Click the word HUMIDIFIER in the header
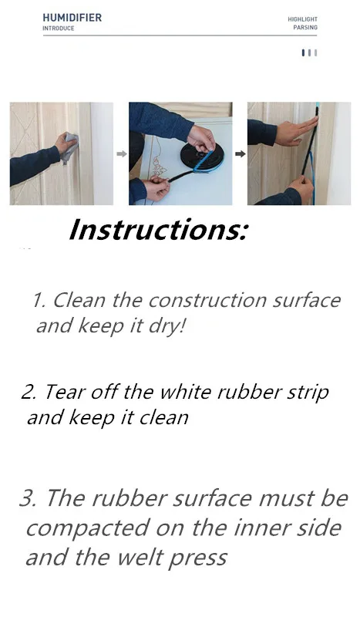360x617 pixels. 72,17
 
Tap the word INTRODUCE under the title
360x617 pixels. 59,29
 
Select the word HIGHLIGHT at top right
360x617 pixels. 302,19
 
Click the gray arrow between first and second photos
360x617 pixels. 121,153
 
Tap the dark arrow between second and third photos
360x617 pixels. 240,153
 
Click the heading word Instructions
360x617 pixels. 158,231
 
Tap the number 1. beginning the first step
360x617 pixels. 39,300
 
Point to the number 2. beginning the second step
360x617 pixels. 29,392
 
